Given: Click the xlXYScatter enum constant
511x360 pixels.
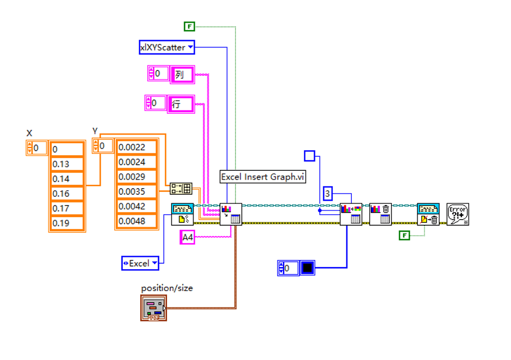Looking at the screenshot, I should tap(167, 47).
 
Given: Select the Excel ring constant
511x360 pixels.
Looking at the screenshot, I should tap(140, 263).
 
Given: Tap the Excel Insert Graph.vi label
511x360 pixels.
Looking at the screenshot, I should tap(262, 177).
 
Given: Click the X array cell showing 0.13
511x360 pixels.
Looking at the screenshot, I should tap(67, 164).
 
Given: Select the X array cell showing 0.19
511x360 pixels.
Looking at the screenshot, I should tap(67, 223).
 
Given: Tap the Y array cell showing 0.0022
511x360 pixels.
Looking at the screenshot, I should tap(136, 147).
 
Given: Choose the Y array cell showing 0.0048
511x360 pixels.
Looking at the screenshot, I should tap(136, 221).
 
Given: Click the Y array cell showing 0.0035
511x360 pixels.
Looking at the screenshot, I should tap(136, 192).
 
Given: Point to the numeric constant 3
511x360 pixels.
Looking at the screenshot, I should tap(327, 194).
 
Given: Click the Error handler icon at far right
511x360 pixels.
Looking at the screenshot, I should tap(458, 214).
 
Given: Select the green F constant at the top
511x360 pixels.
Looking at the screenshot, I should tap(189, 26).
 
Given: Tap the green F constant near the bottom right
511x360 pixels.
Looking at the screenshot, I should tap(404, 235).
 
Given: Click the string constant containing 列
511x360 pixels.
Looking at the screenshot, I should tap(182, 74).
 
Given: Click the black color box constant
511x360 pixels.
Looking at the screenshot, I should tap(307, 268).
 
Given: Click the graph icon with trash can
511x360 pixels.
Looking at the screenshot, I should tap(380, 214).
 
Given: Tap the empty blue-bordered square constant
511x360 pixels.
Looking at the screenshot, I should tap(309, 156).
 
